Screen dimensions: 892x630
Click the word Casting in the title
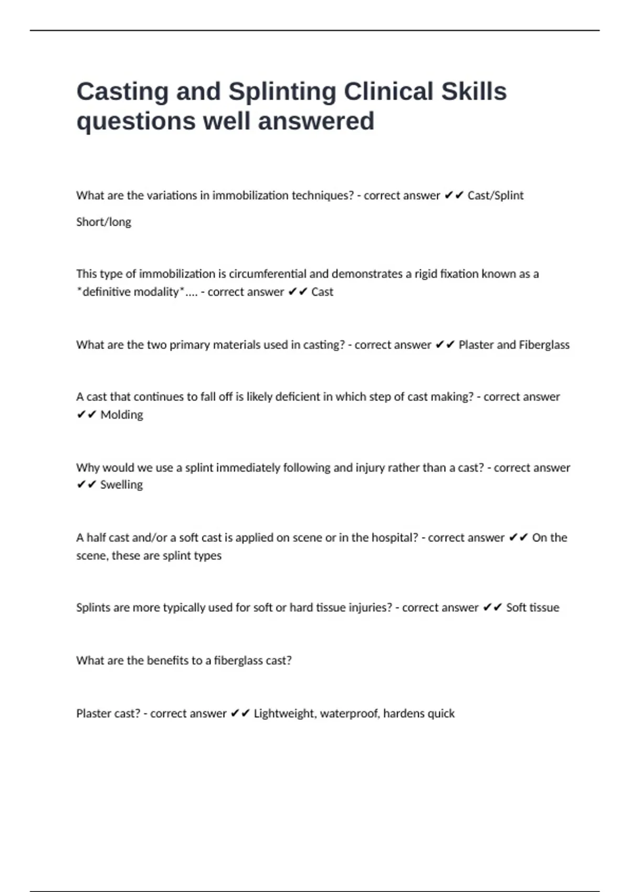coord(122,92)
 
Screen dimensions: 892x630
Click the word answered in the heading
coord(316,121)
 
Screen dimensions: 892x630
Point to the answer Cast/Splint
coord(495,196)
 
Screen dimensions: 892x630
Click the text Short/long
coord(103,222)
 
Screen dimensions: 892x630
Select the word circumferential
coord(267,274)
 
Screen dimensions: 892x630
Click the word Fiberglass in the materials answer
coord(544,345)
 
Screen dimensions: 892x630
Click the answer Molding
coord(121,415)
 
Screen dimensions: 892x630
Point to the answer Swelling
coord(121,485)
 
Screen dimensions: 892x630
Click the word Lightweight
coord(284,714)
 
